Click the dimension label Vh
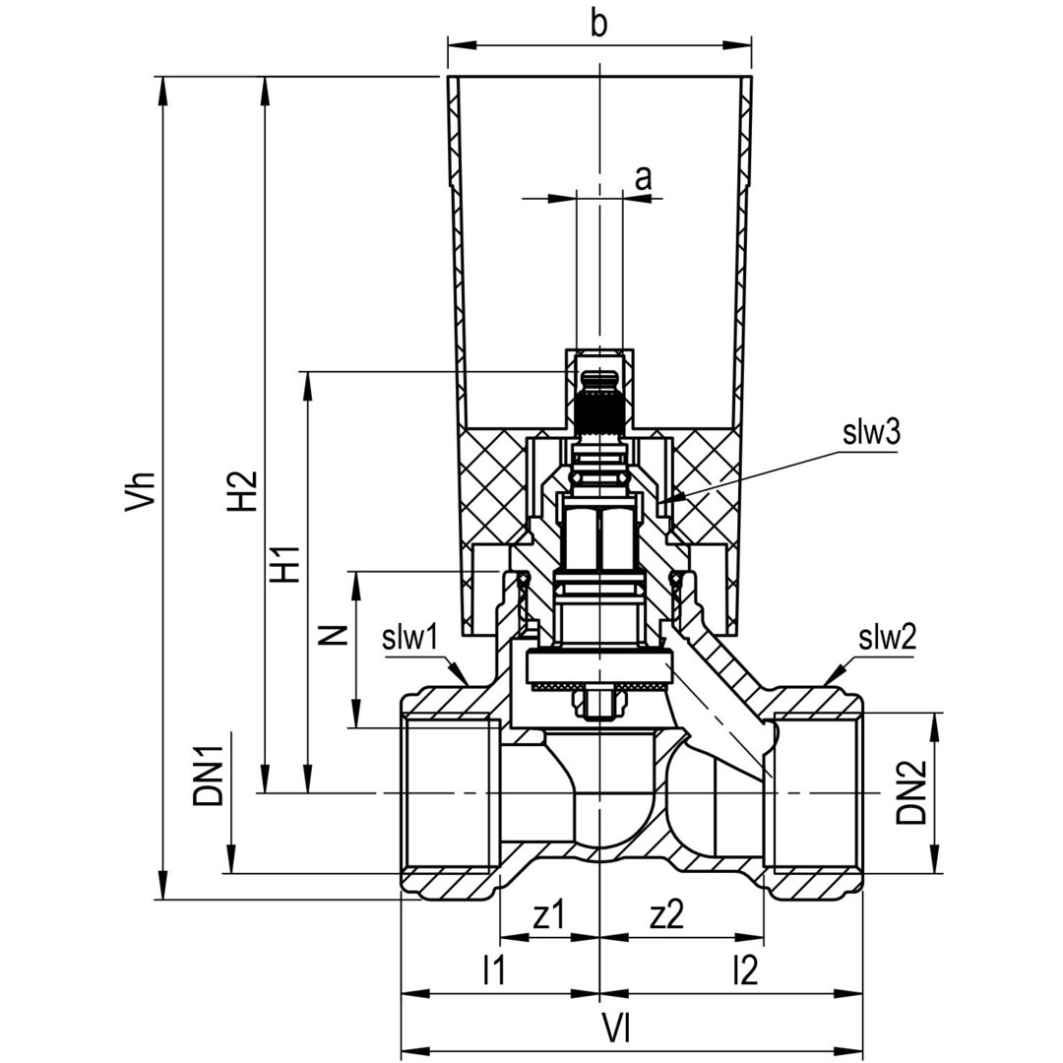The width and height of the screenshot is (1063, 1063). (142, 489)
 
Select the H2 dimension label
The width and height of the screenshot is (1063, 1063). (242, 489)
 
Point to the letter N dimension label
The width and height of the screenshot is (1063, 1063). (335, 633)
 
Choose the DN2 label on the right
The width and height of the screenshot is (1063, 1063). (911, 796)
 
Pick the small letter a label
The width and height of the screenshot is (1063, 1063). (643, 178)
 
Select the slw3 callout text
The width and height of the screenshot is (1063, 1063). (871, 433)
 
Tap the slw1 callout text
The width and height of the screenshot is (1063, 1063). (409, 638)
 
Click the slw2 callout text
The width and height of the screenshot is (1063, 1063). (886, 638)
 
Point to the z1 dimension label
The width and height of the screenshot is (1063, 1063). (548, 915)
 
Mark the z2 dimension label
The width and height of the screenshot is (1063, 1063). (666, 915)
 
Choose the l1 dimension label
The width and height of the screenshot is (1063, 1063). (493, 971)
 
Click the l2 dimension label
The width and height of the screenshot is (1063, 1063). (745, 971)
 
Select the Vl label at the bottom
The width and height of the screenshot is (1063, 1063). (616, 1029)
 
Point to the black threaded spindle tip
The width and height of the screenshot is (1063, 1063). (597, 404)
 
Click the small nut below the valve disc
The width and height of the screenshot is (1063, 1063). (597, 702)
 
